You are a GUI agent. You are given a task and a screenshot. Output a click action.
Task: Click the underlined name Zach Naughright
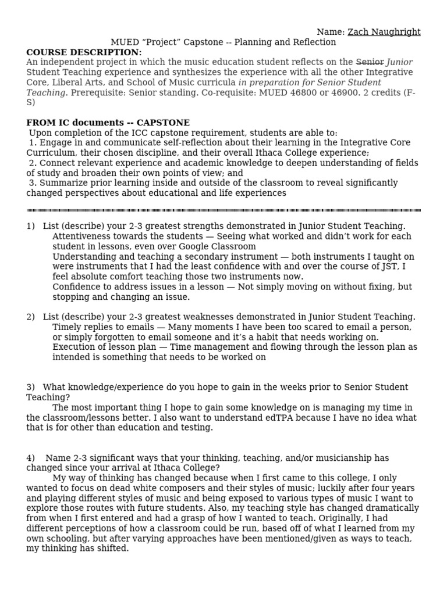point(384,32)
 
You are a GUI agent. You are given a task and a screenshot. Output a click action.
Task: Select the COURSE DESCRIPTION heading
point(84,52)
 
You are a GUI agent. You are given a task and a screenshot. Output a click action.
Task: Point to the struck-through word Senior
point(370,62)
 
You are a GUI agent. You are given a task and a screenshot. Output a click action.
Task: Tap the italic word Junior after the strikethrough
point(400,62)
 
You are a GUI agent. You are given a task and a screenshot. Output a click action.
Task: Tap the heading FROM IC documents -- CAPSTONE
point(108,123)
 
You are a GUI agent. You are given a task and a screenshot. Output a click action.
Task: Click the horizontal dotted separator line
point(223,210)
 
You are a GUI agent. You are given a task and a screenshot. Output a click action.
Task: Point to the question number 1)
point(31,226)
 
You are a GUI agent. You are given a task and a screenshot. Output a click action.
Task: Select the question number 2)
point(31,317)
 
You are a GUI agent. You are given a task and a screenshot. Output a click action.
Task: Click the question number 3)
point(31,387)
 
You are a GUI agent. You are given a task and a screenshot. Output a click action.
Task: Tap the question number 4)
point(31,458)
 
